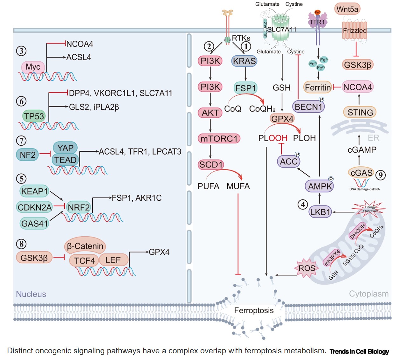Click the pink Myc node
point(33,67)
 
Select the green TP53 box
point(34,116)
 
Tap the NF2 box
point(28,155)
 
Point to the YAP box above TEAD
point(65,148)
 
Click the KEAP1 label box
point(34,191)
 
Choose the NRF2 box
point(79,207)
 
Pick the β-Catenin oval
point(85,246)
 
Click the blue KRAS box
point(244,61)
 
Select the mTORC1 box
point(219,139)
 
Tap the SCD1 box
point(211,164)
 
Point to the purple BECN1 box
point(308,107)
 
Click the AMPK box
point(320,186)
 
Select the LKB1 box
point(320,212)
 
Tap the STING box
point(360,112)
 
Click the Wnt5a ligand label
point(347,9)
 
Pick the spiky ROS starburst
point(307,268)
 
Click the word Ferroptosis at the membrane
point(254,310)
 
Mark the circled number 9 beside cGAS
point(381,175)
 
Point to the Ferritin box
point(318,87)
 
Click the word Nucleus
point(31,294)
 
